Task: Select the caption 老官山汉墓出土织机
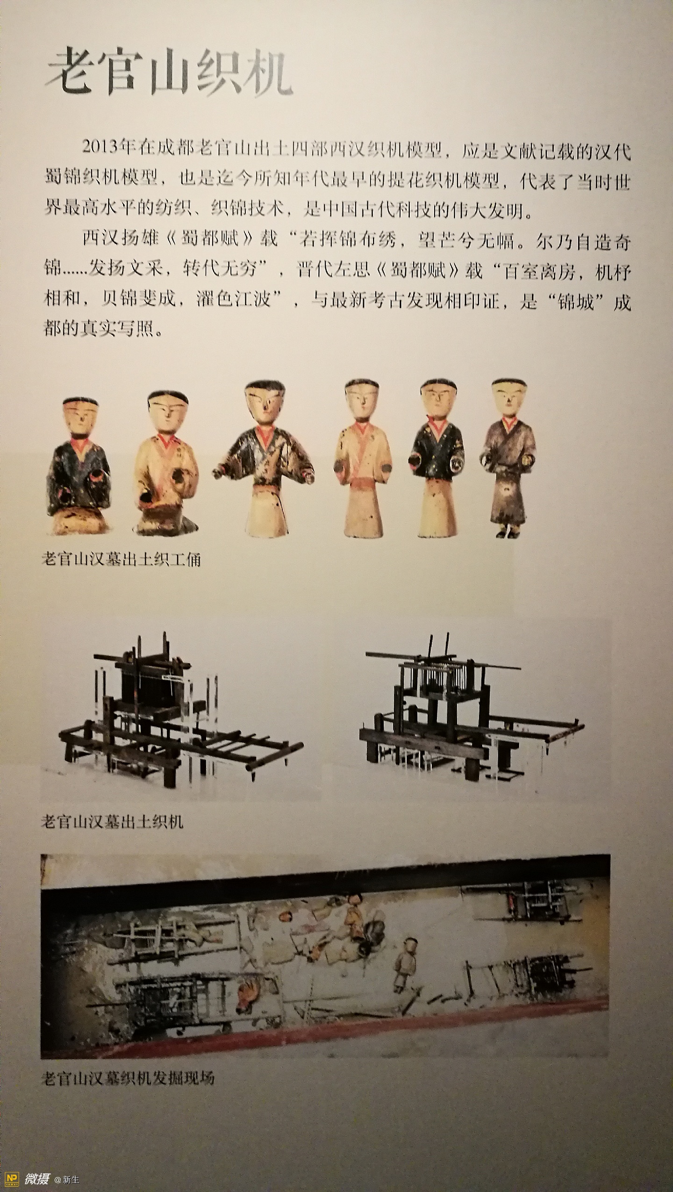point(112,821)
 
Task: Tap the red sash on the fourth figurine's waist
point(362,482)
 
